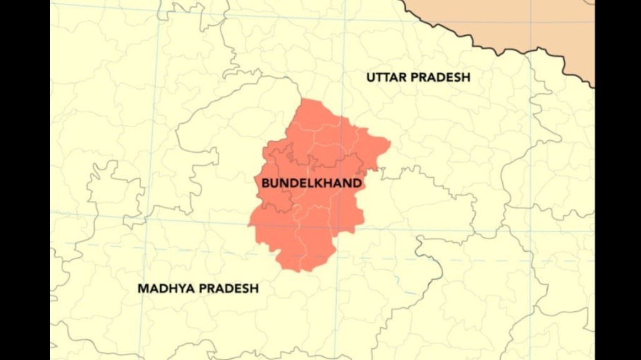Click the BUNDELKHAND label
click(x=311, y=183)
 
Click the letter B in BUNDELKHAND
click(x=265, y=183)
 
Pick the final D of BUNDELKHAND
click(x=357, y=183)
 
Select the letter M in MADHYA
click(x=143, y=289)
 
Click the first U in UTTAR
click(x=371, y=77)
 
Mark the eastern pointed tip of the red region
click(x=389, y=145)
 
